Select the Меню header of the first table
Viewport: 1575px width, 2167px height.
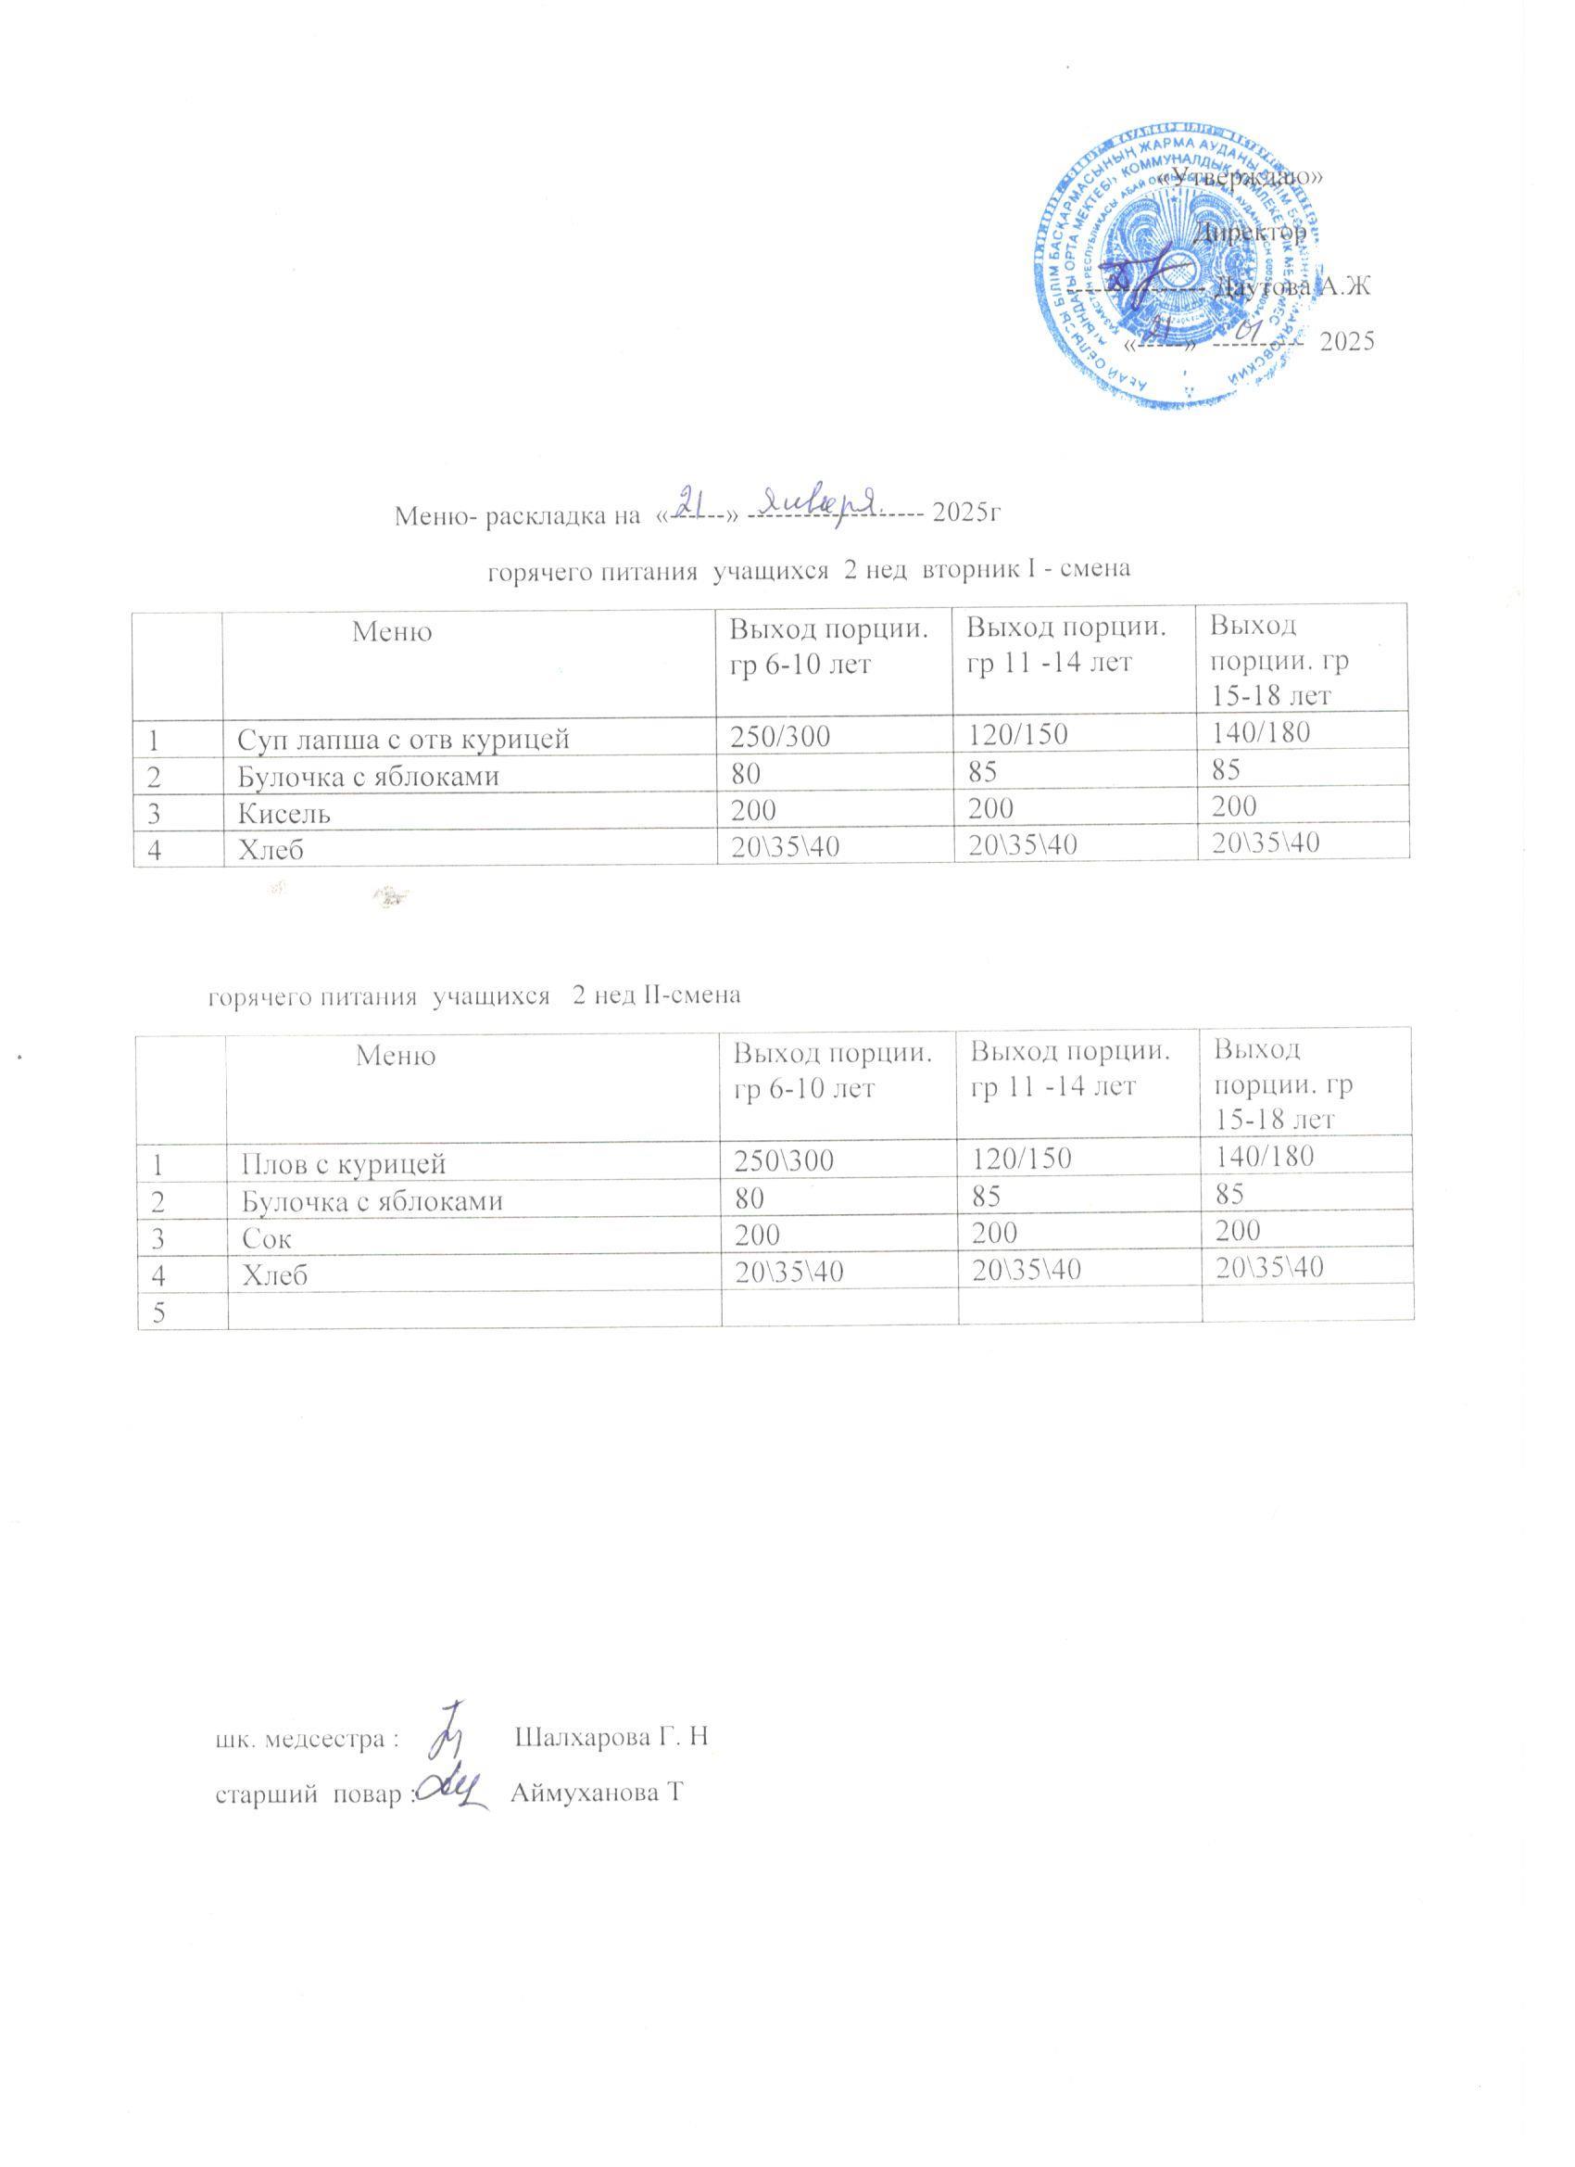[x=392, y=631]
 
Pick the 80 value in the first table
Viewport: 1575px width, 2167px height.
[x=743, y=775]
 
